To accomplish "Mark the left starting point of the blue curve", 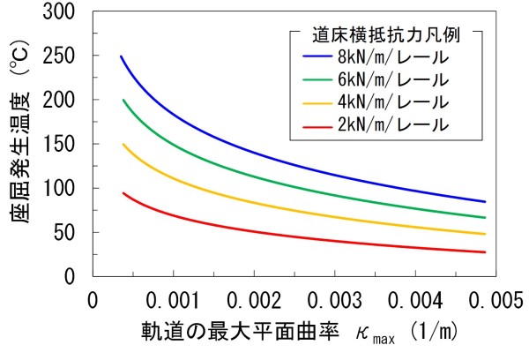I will click(121, 56).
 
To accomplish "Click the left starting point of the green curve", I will click(123, 100).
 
